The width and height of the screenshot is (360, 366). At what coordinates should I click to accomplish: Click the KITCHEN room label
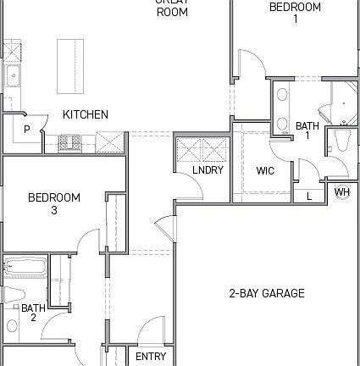[86, 114]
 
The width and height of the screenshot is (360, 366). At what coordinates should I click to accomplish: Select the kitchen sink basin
[13, 77]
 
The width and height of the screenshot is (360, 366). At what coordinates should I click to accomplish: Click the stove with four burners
[69, 141]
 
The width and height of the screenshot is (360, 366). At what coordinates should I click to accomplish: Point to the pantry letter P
[27, 130]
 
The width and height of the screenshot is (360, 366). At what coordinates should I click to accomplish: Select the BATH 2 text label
[34, 313]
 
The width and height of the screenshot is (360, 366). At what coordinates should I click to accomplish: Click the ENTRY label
[151, 357]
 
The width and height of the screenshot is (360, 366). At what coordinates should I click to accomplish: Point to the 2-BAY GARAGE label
[266, 294]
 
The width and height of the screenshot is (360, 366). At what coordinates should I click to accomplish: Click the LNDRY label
[208, 170]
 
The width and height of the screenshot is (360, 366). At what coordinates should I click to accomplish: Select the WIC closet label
[265, 170]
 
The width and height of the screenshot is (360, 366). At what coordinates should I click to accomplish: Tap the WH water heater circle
[342, 192]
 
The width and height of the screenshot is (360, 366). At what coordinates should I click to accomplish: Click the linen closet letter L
[309, 197]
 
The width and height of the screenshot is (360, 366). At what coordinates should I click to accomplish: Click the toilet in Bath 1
[342, 141]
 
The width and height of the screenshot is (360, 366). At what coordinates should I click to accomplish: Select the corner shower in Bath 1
[342, 102]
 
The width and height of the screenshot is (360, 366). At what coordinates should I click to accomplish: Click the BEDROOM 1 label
[295, 13]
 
